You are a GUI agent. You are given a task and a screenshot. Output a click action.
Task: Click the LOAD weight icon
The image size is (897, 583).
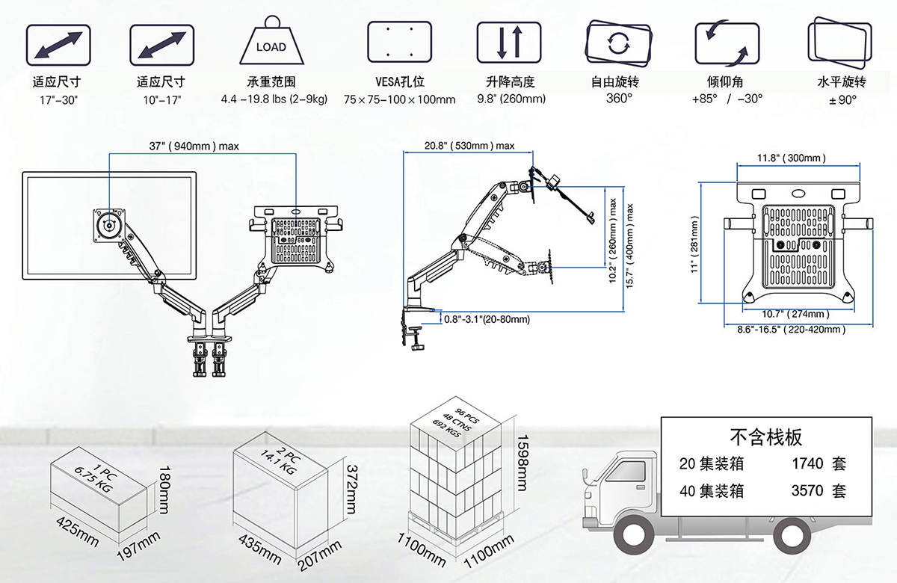point(271,44)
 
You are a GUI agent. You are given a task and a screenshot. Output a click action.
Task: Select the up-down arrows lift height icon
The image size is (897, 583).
point(509,42)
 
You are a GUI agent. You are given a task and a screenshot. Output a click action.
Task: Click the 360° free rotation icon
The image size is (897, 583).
point(617,43)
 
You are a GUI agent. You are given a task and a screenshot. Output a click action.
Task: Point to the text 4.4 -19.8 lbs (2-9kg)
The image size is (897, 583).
point(274,99)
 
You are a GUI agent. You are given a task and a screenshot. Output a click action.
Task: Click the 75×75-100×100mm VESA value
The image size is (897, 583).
point(400,99)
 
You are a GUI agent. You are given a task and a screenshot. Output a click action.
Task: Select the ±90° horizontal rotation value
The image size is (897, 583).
point(842,99)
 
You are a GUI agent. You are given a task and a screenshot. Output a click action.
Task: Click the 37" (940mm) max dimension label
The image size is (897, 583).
point(194,146)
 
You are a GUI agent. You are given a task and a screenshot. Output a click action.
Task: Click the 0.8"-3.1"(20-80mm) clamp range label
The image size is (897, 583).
point(487,319)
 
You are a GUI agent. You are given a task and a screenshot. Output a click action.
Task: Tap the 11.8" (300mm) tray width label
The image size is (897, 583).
point(791,158)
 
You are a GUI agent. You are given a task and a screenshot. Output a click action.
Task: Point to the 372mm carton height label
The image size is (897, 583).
point(351,488)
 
